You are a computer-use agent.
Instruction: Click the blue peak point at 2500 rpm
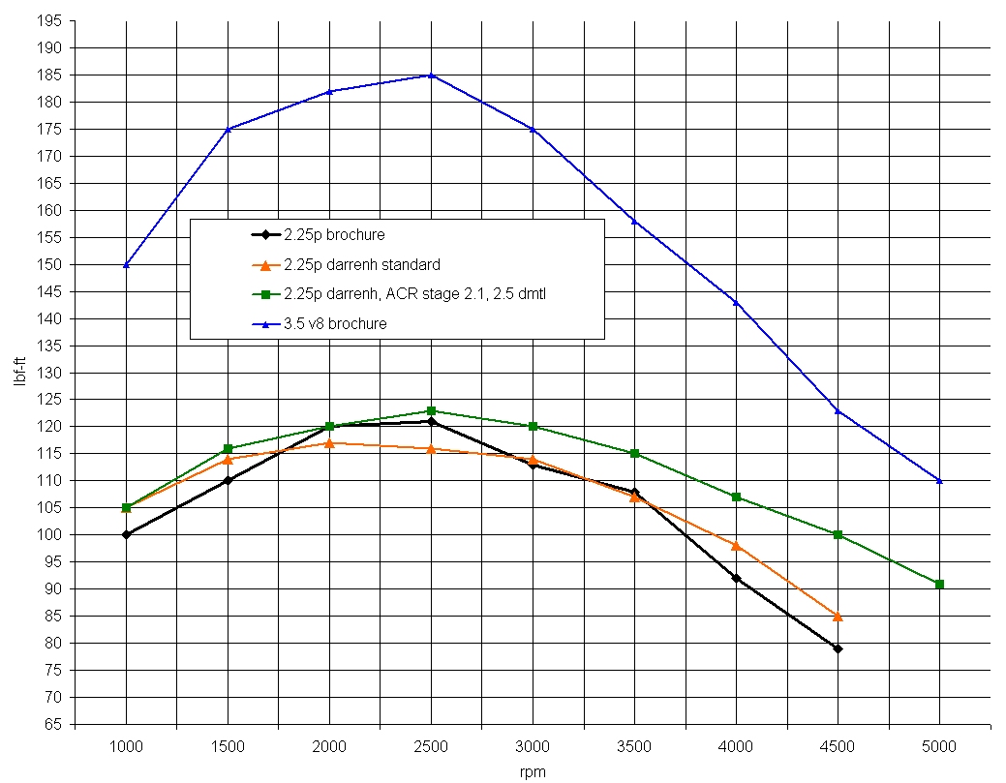pyautogui.click(x=431, y=75)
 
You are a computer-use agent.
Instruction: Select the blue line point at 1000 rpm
pyautogui.click(x=126, y=264)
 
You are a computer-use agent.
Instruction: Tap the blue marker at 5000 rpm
pyautogui.click(x=939, y=480)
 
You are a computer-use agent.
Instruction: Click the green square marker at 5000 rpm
pyautogui.click(x=939, y=584)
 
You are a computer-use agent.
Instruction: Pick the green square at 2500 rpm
pyautogui.click(x=431, y=410)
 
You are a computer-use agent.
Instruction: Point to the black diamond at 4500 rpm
pyautogui.click(x=838, y=648)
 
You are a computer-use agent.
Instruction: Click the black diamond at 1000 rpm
pyautogui.click(x=126, y=534)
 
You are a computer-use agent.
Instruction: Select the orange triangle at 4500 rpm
pyautogui.click(x=838, y=616)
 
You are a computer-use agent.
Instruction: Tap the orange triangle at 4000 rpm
pyautogui.click(x=736, y=545)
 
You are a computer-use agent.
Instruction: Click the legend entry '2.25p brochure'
pyautogui.click(x=334, y=234)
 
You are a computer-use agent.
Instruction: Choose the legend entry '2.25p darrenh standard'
pyautogui.click(x=362, y=264)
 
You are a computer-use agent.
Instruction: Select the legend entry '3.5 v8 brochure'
pyautogui.click(x=335, y=324)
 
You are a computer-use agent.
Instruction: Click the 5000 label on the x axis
pyautogui.click(x=939, y=746)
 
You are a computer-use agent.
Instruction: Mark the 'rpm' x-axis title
pyautogui.click(x=533, y=771)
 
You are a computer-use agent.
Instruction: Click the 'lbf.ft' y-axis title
pyautogui.click(x=20, y=373)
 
